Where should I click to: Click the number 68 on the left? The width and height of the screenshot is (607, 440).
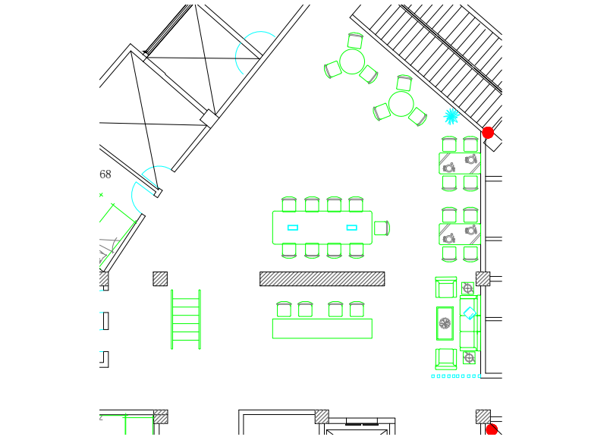(105, 175)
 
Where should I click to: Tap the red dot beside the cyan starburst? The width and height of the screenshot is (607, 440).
(488, 133)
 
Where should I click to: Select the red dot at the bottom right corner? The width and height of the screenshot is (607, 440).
(492, 430)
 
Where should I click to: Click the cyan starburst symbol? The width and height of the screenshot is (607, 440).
(451, 116)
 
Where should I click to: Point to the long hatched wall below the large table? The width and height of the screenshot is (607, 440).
(322, 278)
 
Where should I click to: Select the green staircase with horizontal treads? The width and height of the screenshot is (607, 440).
(186, 319)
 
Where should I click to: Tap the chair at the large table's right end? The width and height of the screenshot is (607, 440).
(381, 228)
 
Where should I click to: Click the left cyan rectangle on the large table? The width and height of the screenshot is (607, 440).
(293, 228)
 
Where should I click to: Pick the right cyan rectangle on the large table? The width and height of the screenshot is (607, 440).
(351, 228)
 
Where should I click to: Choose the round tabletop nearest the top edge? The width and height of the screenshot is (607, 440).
(352, 61)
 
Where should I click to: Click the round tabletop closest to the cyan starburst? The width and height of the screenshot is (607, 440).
(401, 104)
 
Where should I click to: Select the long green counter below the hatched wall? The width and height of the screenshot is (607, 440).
(322, 328)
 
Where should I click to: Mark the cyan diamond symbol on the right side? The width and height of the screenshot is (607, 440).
(470, 313)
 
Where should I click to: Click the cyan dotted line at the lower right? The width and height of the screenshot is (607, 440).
(455, 376)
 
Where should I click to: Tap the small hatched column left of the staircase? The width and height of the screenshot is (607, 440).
(160, 278)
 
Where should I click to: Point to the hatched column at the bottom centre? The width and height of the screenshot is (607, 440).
(322, 416)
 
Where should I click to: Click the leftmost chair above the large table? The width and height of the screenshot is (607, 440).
(289, 204)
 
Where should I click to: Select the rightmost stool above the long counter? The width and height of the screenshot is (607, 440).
(357, 309)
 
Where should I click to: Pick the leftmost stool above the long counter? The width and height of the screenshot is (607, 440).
(284, 309)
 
